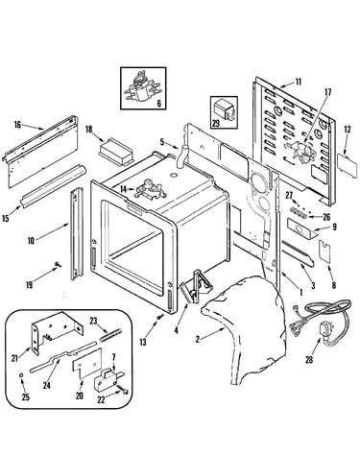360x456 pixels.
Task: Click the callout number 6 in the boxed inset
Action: tap(159, 104)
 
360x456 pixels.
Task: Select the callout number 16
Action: tap(17, 125)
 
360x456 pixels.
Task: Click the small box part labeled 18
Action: tap(115, 152)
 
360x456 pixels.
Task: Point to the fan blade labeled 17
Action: tap(300, 153)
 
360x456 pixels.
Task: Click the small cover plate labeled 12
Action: tap(348, 164)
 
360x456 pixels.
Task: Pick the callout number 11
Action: tap(299, 82)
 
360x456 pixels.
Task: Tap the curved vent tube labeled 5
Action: tap(181, 156)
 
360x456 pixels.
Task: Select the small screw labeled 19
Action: tap(58, 264)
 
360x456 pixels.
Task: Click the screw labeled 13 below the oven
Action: tap(159, 317)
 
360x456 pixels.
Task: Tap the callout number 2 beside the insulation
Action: tap(198, 339)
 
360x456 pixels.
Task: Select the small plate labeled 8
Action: tap(325, 252)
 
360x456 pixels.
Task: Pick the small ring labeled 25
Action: tap(21, 375)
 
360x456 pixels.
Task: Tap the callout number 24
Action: tap(47, 385)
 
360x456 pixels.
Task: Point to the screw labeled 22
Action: tap(124, 390)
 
